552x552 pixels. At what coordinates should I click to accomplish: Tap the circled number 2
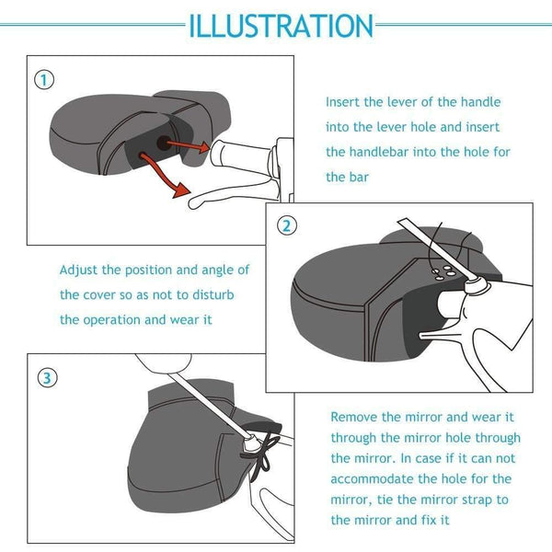click(288, 225)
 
